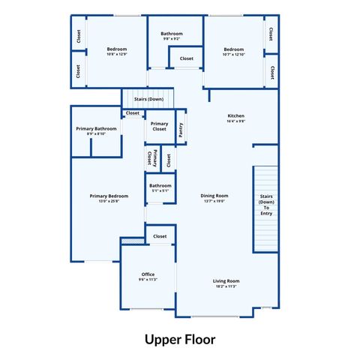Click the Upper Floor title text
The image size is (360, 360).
click(x=180, y=338)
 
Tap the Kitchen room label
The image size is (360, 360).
click(x=236, y=116)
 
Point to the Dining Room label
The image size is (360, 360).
click(x=214, y=196)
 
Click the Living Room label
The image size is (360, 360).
click(x=226, y=281)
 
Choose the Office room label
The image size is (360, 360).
click(x=148, y=274)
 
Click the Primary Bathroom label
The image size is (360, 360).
click(x=96, y=129)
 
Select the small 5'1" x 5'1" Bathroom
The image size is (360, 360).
click(x=160, y=186)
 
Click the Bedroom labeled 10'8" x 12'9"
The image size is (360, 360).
click(x=117, y=49)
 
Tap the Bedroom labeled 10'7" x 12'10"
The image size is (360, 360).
click(x=234, y=49)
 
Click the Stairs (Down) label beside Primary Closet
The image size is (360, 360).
click(x=148, y=99)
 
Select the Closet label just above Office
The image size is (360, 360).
click(x=160, y=236)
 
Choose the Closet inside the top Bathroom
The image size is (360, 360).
click(x=186, y=58)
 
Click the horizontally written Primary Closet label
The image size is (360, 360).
click(x=159, y=126)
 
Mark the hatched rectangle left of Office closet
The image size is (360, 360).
click(x=132, y=241)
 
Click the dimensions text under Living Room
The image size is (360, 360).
click(x=226, y=286)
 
